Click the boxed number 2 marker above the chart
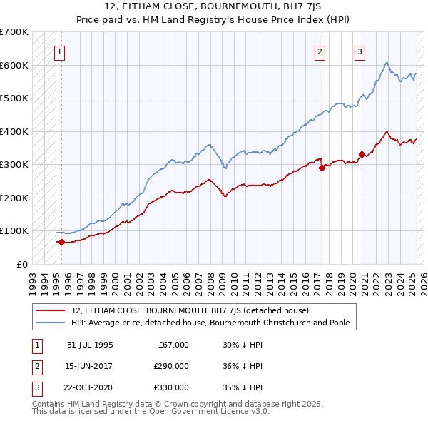click(320, 51)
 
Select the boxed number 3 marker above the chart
click(360, 51)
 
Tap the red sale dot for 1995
click(61, 242)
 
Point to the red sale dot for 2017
click(322, 168)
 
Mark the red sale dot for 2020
click(362, 154)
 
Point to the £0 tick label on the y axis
click(22, 264)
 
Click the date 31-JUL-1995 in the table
click(90, 345)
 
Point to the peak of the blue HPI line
click(386, 64)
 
